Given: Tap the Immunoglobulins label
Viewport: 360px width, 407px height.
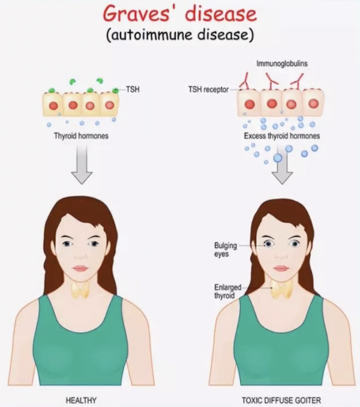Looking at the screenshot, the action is click(282, 64).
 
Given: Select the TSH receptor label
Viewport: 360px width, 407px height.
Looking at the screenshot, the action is click(208, 89).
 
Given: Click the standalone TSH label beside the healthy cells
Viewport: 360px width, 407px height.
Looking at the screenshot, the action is click(133, 89).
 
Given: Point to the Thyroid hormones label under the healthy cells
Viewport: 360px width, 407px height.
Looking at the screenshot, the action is click(81, 136).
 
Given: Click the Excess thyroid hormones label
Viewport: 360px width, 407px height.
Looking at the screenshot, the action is click(282, 136).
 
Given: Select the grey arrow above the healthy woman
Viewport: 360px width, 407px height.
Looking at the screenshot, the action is click(82, 164).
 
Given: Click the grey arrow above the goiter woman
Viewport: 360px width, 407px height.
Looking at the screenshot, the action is click(282, 164).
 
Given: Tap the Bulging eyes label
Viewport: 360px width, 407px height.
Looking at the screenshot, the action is click(226, 250).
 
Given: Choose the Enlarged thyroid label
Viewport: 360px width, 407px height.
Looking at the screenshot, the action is click(227, 291).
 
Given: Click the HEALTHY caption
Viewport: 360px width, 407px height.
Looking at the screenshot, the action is click(81, 400).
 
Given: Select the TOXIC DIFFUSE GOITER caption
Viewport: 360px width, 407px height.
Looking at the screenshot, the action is click(281, 400).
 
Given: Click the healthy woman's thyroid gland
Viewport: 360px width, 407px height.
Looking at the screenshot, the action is click(80, 289).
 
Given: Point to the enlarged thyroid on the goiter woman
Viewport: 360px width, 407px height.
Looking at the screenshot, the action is click(282, 289).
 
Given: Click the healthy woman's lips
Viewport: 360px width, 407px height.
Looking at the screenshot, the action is click(80, 268).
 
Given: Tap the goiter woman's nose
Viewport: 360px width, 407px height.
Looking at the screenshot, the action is click(281, 256).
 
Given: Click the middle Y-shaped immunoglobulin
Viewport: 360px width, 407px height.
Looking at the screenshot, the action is click(272, 80).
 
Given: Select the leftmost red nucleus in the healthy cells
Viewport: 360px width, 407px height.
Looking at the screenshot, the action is click(53, 106).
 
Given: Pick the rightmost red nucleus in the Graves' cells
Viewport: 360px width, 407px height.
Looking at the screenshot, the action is click(313, 104).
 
